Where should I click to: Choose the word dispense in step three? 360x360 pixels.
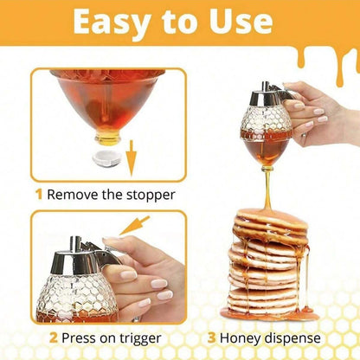[294, 337]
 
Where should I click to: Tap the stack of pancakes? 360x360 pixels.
[267, 263]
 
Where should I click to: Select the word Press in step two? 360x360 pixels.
[83, 337]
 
